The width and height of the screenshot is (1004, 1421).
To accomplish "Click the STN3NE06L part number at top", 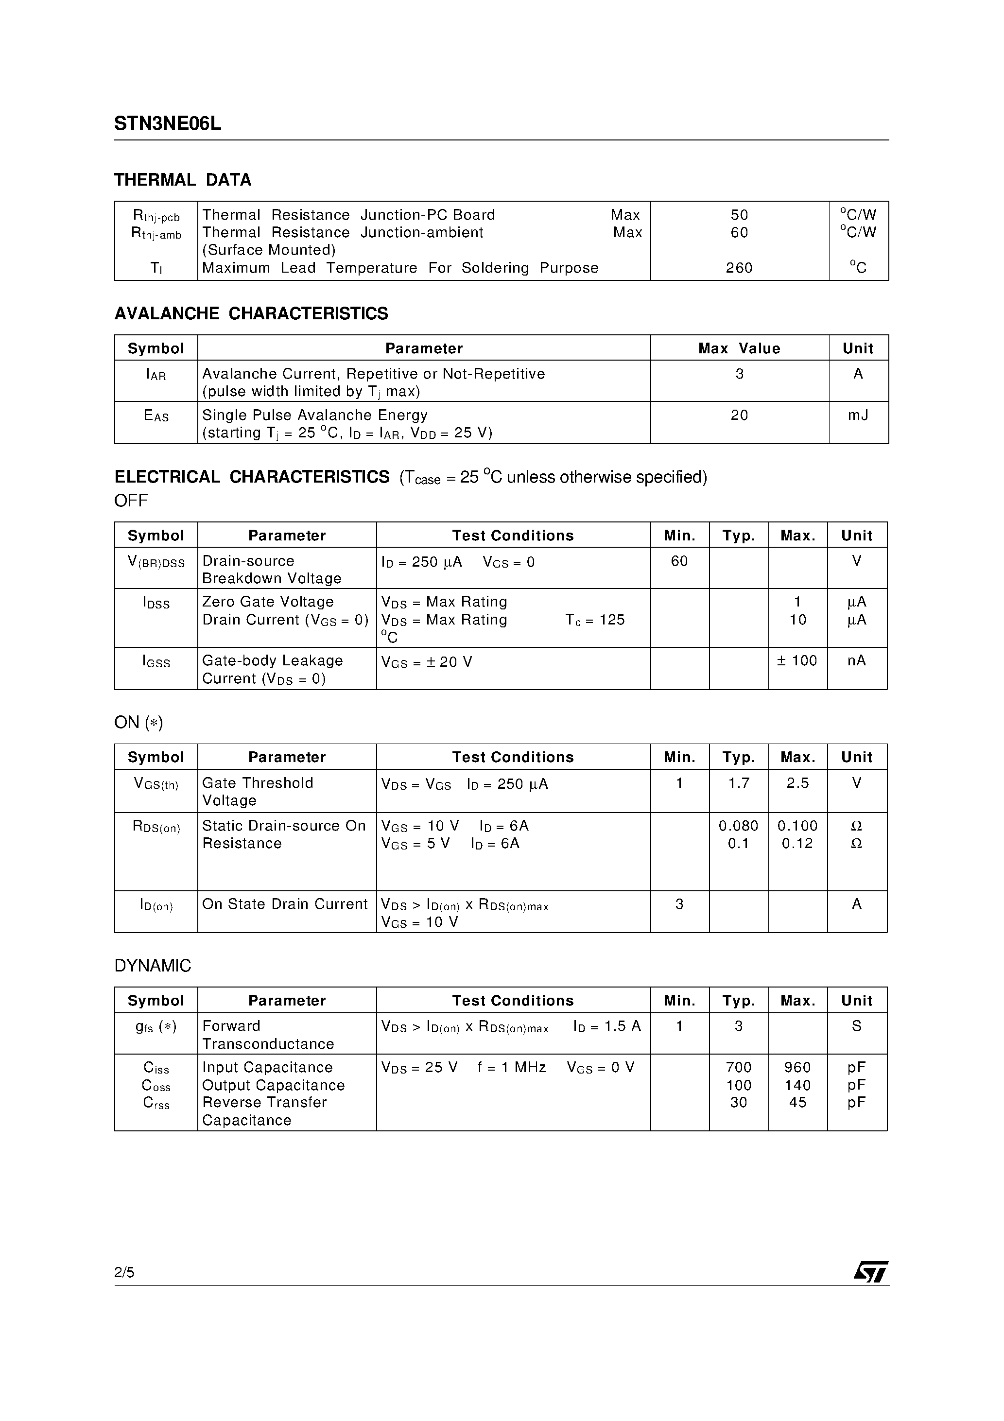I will [x=167, y=124].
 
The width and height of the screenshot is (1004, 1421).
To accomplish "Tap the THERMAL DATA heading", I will [x=183, y=180].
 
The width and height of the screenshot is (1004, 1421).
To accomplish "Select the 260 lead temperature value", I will [x=739, y=268].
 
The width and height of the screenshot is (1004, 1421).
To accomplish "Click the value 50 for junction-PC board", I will [x=739, y=215].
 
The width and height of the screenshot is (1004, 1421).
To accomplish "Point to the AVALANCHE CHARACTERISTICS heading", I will [x=251, y=314].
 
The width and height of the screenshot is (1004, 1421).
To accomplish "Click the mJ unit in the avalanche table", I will [x=858, y=416].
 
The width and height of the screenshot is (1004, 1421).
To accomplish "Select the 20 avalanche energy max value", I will [x=739, y=416].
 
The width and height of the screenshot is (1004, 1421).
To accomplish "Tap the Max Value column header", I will [x=739, y=348].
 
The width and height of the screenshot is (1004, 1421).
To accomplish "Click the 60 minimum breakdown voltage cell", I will [x=679, y=561].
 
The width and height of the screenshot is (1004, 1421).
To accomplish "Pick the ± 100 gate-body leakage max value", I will [x=797, y=660].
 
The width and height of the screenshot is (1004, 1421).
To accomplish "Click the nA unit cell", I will [x=857, y=660].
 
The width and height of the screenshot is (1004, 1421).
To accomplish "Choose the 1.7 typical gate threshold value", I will [x=739, y=783].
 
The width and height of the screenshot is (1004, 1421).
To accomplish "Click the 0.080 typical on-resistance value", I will [x=739, y=826].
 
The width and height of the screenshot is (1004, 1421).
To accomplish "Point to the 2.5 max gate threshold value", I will [x=797, y=783].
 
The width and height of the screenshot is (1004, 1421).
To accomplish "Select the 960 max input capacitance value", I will [x=797, y=1067].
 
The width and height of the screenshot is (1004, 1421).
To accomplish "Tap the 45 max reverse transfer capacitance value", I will [x=797, y=1102].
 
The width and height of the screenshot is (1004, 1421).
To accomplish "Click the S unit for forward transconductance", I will [x=857, y=1025].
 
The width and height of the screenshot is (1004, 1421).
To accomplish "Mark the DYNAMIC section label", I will [x=152, y=966].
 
